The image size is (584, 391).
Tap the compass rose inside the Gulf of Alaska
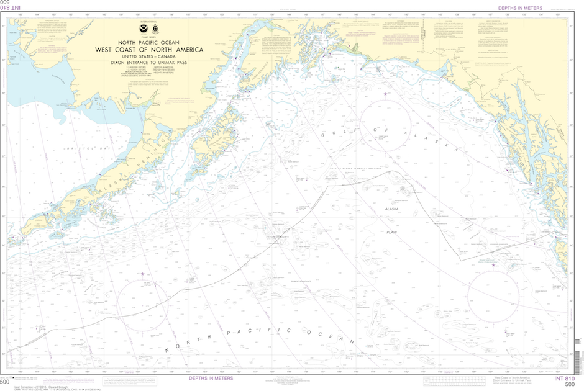(x=386, y=124)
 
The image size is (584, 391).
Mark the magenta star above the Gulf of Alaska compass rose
(x=386, y=94)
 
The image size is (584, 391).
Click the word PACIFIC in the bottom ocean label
(x=255, y=331)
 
